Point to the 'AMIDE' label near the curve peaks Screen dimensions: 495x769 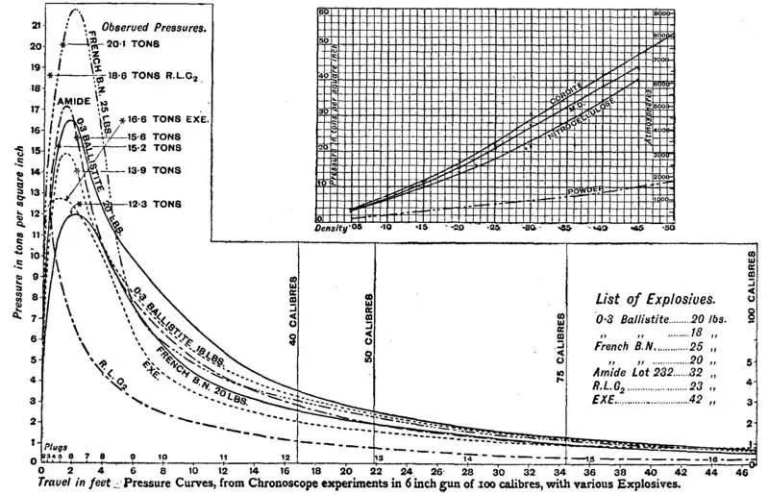(75, 100)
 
